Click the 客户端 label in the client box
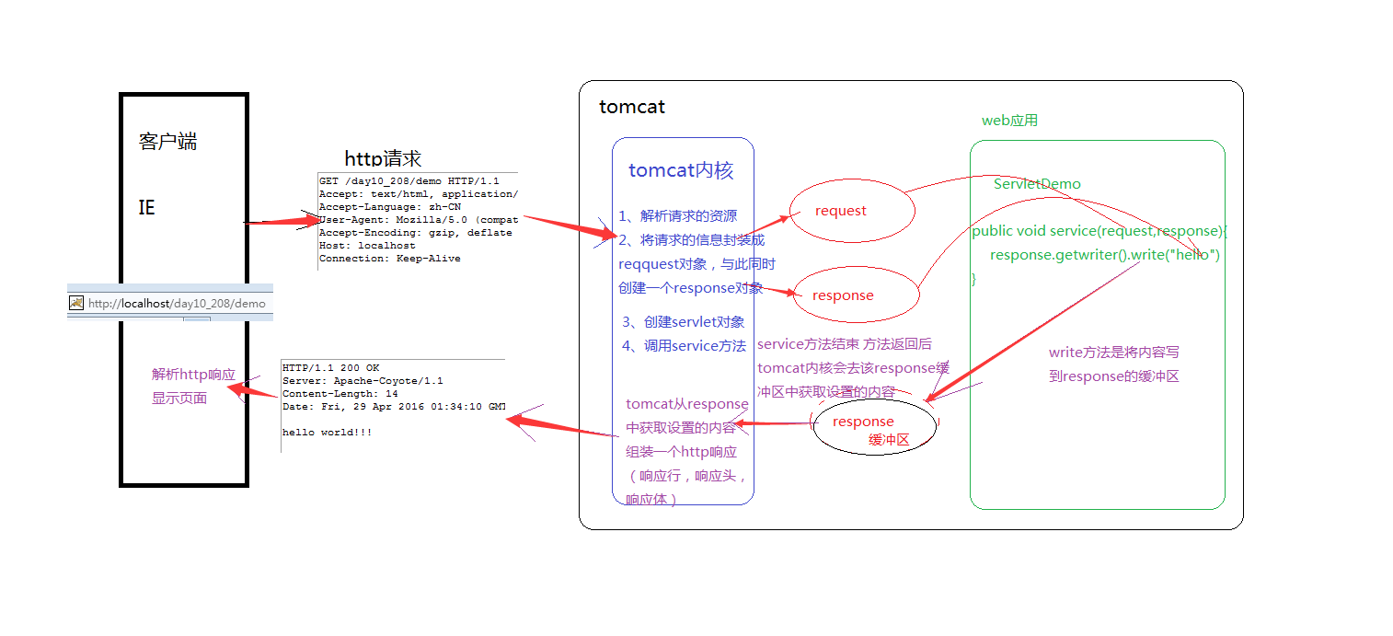point(167,142)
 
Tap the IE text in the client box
point(146,208)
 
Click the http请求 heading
point(383,158)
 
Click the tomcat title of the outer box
point(631,107)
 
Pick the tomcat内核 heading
point(681,170)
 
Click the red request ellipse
point(852,211)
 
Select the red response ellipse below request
point(856,295)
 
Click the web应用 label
point(1009,121)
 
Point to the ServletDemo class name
point(1037,184)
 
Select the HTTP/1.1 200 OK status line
point(330,367)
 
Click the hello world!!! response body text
point(327,432)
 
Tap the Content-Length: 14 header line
point(340,393)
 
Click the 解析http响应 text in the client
point(193,375)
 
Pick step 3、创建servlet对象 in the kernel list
point(683,322)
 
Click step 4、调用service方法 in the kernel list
point(683,346)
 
